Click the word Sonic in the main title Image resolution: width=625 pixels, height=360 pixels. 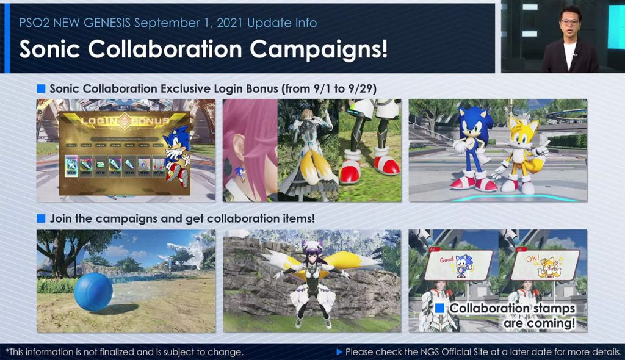55,49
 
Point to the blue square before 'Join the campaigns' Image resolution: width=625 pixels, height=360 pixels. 41,218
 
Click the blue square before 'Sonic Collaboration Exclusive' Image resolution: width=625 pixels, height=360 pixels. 41,89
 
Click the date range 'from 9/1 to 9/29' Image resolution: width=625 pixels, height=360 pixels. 329,89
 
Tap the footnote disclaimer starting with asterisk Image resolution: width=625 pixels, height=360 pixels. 125,352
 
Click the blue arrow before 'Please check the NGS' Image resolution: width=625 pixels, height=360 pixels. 339,352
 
